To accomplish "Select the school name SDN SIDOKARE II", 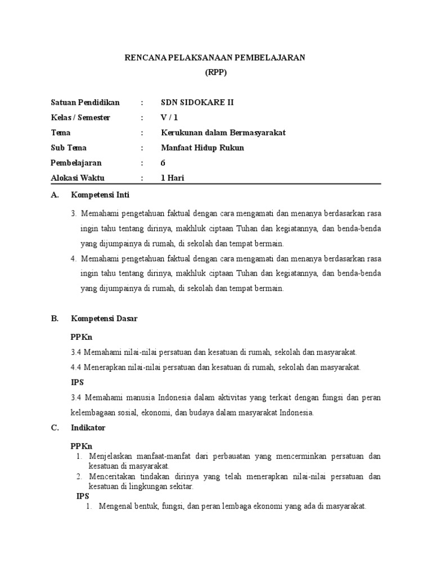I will [197, 102].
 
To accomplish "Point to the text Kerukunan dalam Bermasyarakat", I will [223, 133].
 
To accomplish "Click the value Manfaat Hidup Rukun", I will [202, 148].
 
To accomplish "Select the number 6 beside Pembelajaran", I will [163, 163].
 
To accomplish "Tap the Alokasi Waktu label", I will [80, 178].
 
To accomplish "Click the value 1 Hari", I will [173, 178].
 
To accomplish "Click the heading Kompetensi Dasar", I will [104, 318].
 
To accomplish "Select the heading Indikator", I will [88, 427].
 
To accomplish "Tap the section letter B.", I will [55, 318].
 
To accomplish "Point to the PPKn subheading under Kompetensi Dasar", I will [82, 337].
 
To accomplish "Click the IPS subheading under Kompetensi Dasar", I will [77, 383].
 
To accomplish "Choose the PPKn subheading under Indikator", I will [82, 446].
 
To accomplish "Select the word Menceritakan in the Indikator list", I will [112, 477].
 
